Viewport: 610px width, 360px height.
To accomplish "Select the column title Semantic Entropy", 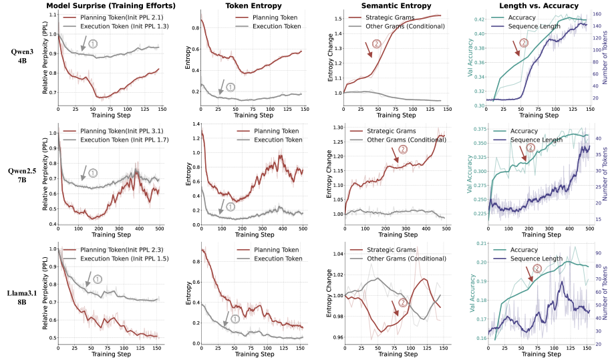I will tap(390, 6).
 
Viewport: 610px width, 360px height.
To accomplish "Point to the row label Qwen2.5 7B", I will tap(21, 173).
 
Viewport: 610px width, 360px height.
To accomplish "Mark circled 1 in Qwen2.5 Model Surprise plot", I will tap(93, 172).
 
